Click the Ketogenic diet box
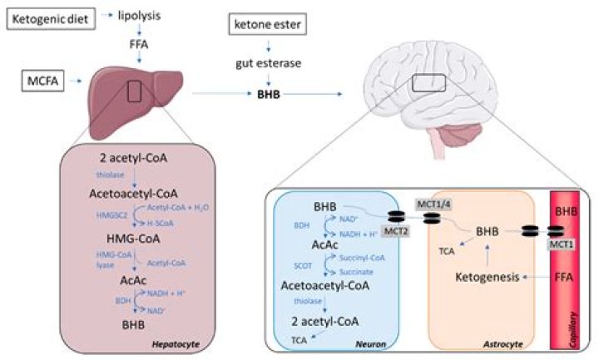[52, 16]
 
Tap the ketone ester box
[265, 26]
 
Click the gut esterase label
[265, 63]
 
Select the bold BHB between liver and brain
[266, 95]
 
